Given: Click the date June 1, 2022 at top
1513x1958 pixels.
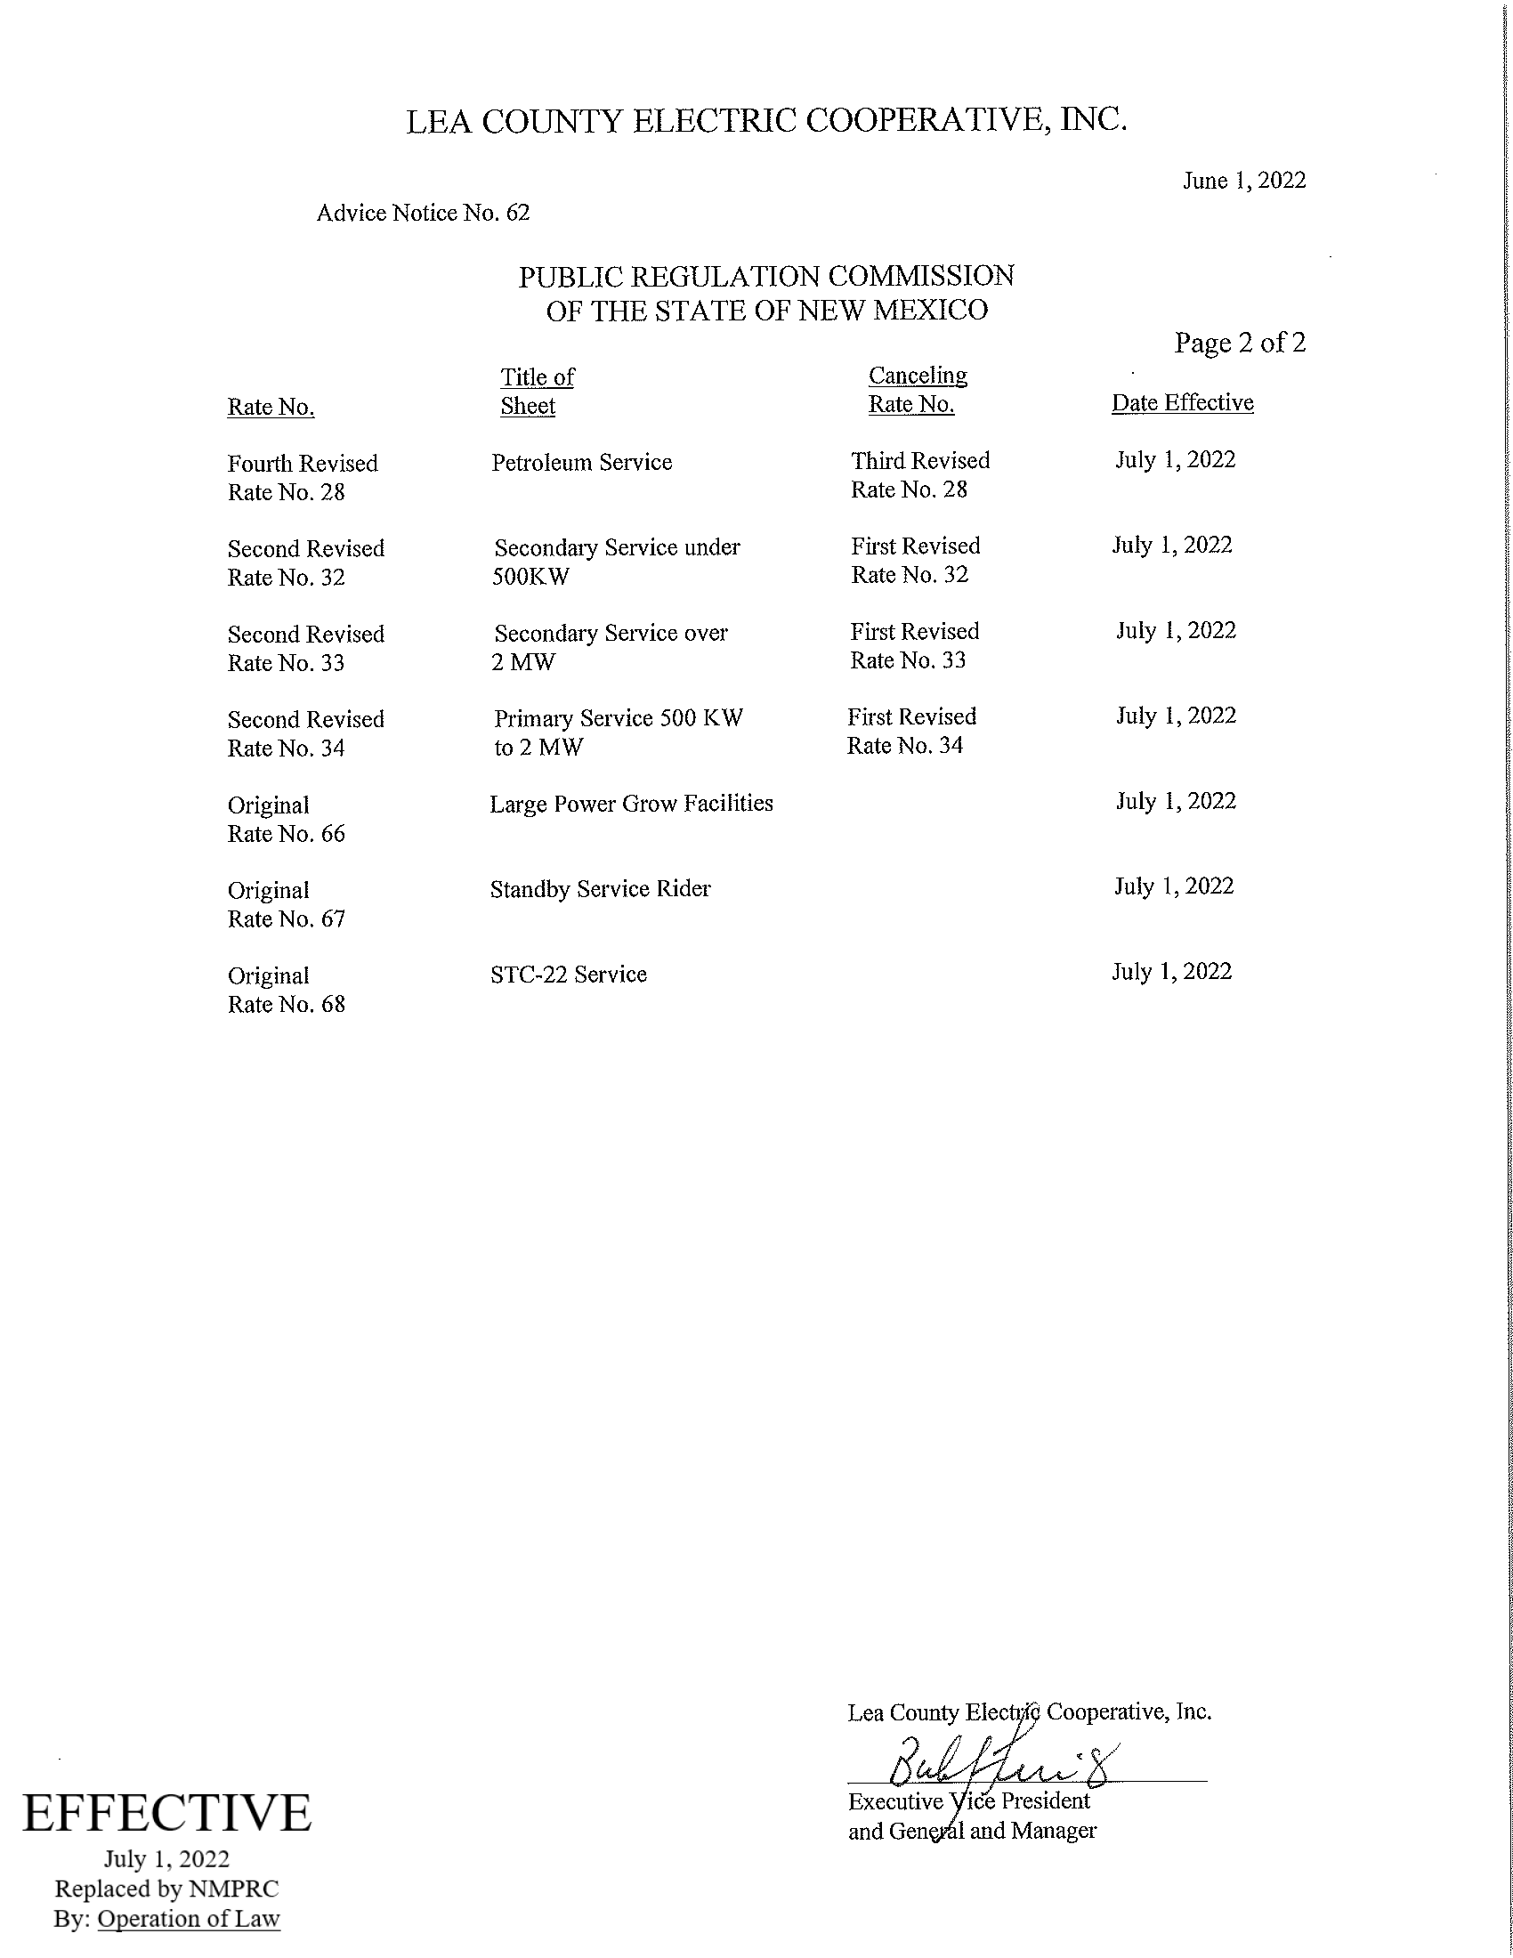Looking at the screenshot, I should [x=1243, y=181].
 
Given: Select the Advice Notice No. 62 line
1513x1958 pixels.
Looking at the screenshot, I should [x=423, y=213].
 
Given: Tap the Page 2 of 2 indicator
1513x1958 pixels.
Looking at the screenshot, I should [x=1240, y=343].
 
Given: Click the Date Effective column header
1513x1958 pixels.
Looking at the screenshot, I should [x=1182, y=403].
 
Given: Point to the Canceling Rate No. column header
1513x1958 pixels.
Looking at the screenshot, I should [x=917, y=390].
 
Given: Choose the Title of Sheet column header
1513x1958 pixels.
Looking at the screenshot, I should [x=536, y=392].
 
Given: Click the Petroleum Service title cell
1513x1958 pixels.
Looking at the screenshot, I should [x=582, y=463].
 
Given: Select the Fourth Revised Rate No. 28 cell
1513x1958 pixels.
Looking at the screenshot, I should [x=302, y=478].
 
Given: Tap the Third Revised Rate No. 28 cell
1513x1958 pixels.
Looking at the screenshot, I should [x=919, y=475].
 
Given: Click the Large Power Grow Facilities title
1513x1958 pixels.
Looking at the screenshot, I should [x=631, y=805].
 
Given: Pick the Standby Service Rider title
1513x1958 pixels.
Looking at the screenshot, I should [x=600, y=889].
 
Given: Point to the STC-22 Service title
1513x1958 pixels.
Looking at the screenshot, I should [x=569, y=975].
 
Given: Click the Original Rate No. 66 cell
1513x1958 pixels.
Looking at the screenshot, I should [x=286, y=820].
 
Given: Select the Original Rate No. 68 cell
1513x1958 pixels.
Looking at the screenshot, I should [x=286, y=990].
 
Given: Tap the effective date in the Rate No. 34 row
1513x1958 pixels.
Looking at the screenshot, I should [x=1175, y=716].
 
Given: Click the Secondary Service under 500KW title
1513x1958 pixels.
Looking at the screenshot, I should [x=616, y=562].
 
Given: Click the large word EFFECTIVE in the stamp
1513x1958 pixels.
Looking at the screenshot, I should [x=166, y=1813].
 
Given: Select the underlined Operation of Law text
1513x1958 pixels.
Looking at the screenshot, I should [x=188, y=1919].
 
